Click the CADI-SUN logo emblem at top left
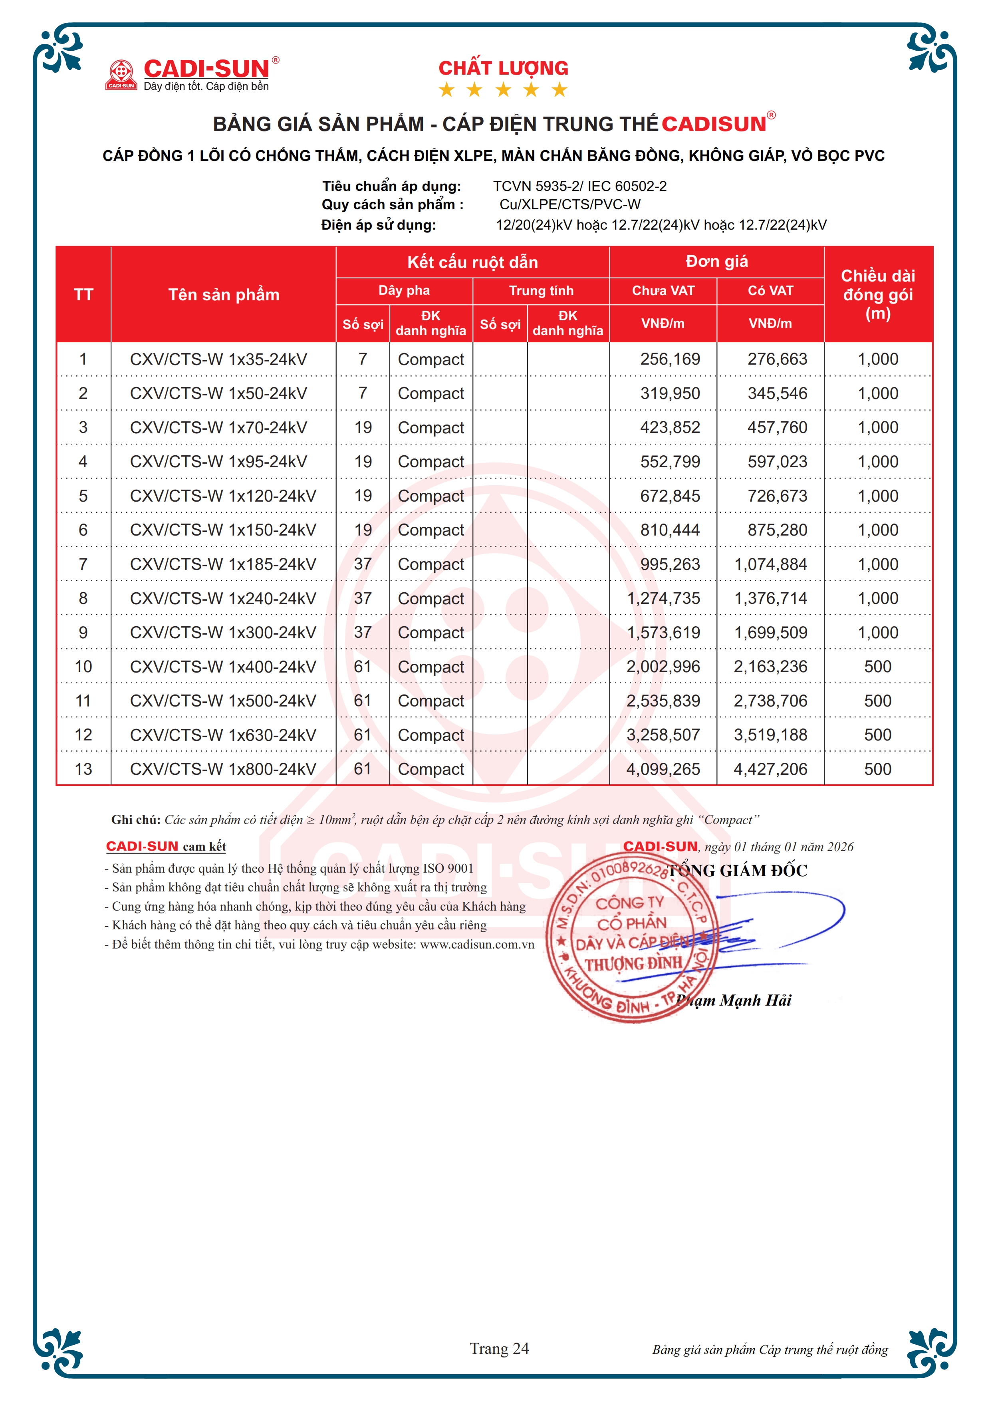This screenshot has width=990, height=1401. click(x=121, y=74)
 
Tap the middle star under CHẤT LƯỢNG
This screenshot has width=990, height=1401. click(x=503, y=90)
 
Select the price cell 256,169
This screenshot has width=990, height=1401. click(x=670, y=359)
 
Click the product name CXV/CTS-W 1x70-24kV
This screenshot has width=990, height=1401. click(x=218, y=428)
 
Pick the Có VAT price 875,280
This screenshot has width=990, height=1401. click(x=777, y=530)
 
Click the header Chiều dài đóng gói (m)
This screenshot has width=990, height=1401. click(x=878, y=295)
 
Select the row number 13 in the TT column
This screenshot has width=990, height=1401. click(x=83, y=770)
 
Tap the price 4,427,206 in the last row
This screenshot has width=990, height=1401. click(x=770, y=770)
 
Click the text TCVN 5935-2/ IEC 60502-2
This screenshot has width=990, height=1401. click(x=579, y=186)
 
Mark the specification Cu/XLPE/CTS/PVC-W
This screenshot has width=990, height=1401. click(x=570, y=205)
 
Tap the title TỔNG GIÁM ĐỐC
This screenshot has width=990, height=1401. click(x=738, y=871)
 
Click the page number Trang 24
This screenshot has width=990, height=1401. click(x=499, y=1349)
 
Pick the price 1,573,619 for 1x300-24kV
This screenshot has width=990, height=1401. click(x=664, y=633)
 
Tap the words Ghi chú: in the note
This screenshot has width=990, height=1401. click(x=135, y=820)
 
